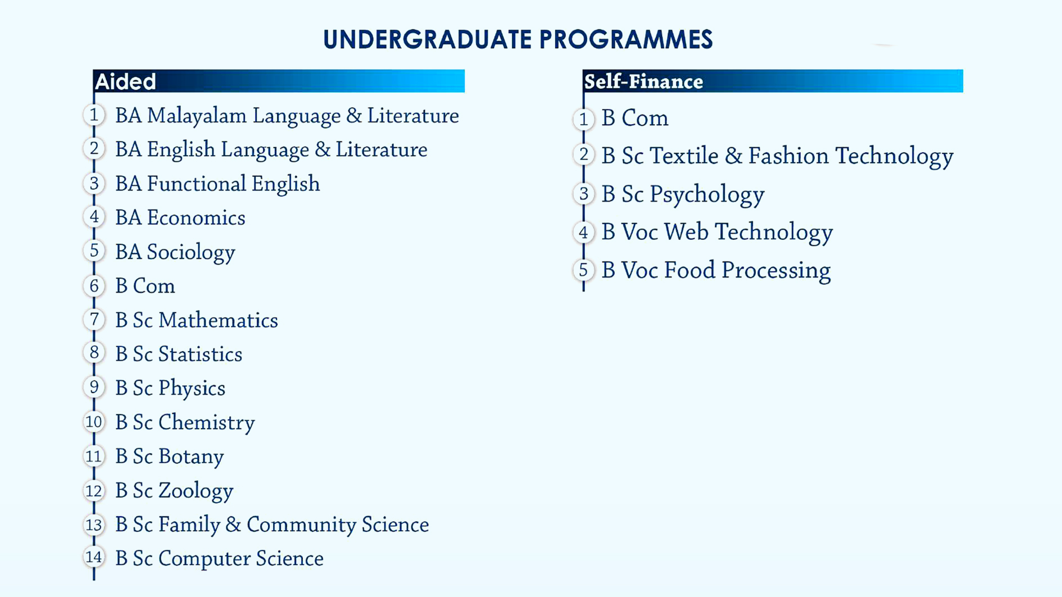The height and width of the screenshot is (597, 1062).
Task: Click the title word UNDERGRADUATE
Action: tap(428, 39)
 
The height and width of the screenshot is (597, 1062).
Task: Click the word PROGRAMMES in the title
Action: tap(626, 39)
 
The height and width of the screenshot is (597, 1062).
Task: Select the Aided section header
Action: tap(125, 81)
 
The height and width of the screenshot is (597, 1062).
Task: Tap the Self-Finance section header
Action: tap(643, 81)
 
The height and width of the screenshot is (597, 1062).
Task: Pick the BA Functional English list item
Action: tap(217, 184)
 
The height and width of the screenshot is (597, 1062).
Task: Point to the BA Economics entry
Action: tap(180, 218)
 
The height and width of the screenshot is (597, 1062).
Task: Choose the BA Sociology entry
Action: tap(175, 252)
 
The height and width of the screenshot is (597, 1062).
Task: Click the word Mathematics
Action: tap(218, 320)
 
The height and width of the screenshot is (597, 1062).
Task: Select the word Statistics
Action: tap(200, 354)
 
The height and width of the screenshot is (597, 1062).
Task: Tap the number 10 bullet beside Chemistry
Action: tap(94, 422)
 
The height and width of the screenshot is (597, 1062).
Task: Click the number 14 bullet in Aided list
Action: tap(94, 558)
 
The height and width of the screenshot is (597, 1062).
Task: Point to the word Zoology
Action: tap(196, 491)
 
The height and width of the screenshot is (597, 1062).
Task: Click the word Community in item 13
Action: tap(301, 525)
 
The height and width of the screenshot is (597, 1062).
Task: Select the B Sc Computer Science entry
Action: tap(219, 558)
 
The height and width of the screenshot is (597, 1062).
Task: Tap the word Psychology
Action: tap(707, 194)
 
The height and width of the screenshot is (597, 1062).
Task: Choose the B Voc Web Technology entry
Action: tap(717, 232)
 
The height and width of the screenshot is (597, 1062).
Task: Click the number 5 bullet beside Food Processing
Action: tap(583, 270)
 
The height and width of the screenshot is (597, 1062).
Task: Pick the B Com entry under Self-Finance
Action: tap(635, 118)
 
